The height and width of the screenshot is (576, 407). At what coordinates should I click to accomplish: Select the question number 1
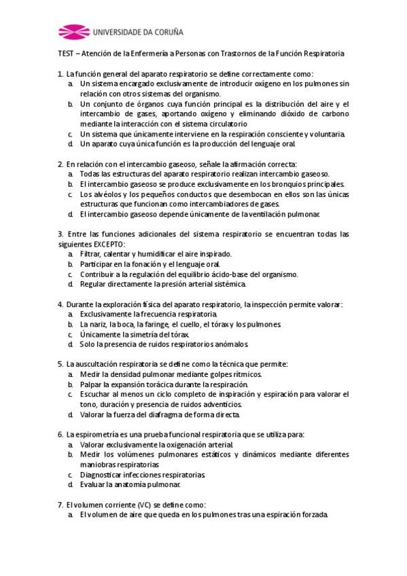[x=60, y=73]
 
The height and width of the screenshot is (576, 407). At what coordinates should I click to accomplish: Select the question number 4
[x=60, y=304]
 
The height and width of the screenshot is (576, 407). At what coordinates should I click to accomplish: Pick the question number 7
[x=60, y=505]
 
